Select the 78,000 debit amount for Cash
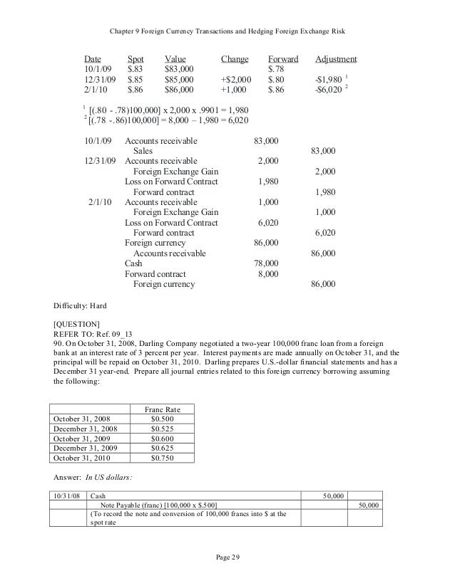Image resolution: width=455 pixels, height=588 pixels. [x=267, y=263]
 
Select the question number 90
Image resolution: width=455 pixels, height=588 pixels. [x=59, y=342]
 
